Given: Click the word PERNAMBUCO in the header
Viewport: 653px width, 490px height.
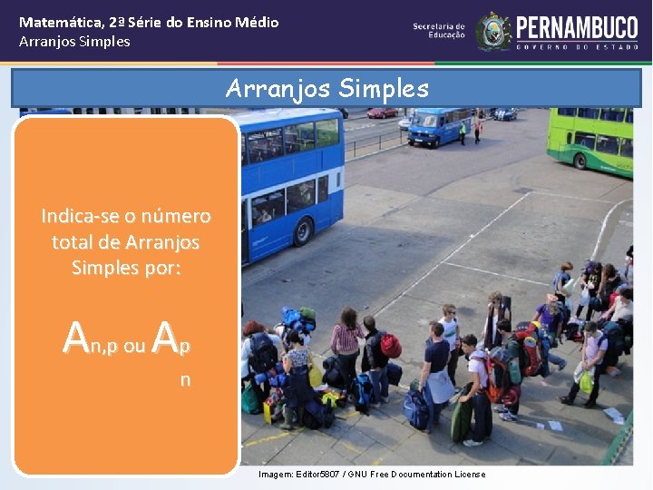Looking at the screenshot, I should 577,25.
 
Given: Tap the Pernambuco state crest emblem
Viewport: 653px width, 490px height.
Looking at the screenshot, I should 494,31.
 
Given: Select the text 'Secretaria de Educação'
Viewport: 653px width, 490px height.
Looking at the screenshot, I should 439,31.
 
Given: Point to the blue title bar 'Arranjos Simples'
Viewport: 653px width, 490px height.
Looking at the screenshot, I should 326,89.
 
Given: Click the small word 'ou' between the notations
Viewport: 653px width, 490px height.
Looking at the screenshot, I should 134,347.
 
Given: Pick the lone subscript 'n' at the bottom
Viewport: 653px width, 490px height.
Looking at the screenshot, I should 185,380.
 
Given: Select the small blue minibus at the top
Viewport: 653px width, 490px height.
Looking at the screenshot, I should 435,127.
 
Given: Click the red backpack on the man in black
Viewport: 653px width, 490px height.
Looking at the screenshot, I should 390,346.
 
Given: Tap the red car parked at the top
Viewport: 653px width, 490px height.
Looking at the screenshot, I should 382,113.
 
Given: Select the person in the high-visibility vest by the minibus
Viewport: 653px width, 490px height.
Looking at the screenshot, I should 463,132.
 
